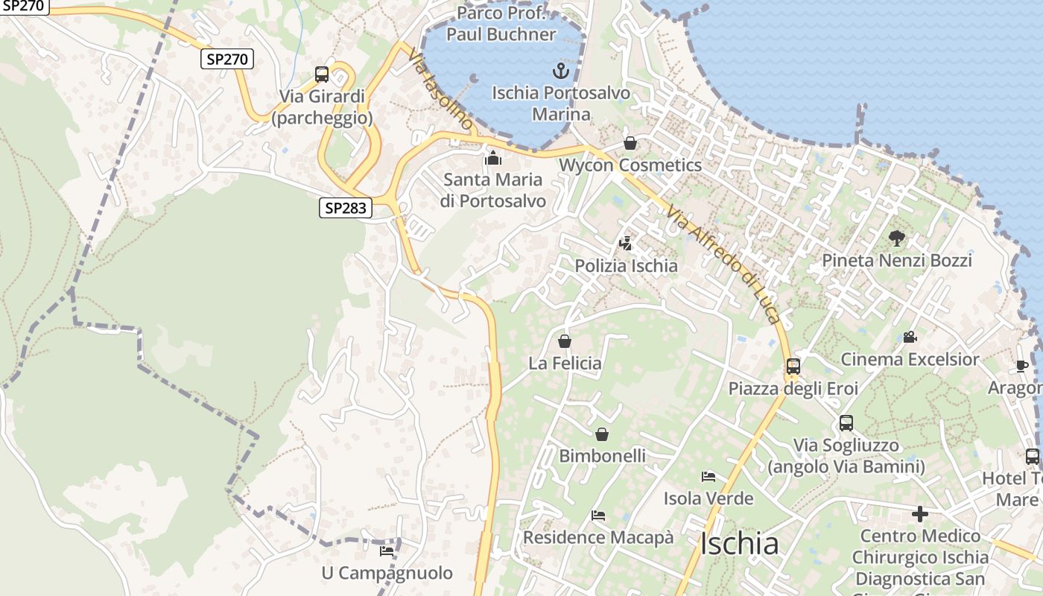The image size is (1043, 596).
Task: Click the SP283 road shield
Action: (x=346, y=208)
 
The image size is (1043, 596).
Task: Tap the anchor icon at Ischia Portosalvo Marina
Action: (x=560, y=72)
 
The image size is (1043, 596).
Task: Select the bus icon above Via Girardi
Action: (x=322, y=74)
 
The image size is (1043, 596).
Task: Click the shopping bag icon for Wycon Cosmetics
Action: (x=630, y=144)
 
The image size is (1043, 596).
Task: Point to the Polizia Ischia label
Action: (x=626, y=266)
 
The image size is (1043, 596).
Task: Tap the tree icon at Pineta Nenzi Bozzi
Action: (x=897, y=238)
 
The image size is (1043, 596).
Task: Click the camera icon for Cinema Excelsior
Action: (x=910, y=337)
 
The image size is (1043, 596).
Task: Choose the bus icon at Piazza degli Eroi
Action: (x=793, y=367)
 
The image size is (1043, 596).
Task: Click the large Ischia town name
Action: (x=740, y=544)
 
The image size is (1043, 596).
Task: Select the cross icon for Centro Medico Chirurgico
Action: (x=920, y=514)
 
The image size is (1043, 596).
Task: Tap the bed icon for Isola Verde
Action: (x=708, y=477)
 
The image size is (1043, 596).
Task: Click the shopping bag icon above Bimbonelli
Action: (x=602, y=434)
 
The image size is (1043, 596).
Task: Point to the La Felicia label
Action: (x=565, y=364)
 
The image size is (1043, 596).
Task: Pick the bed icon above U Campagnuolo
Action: (x=387, y=551)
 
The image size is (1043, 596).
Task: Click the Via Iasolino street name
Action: (x=440, y=89)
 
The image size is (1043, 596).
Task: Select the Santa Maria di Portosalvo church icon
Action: (x=492, y=158)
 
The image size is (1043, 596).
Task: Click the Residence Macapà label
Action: (x=598, y=537)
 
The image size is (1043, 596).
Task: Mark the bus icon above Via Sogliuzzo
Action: (x=846, y=423)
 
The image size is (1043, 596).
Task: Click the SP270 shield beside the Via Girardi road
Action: (x=227, y=59)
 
